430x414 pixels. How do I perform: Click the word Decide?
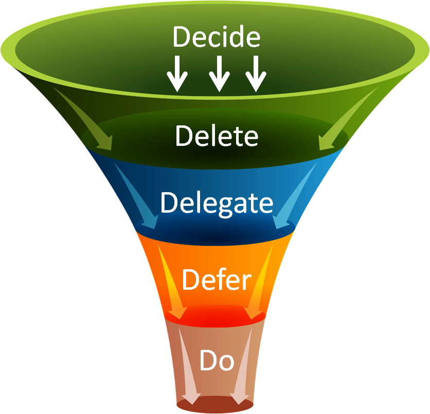216,37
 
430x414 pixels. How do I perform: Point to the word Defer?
217,280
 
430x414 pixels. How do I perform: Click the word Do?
217,361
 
